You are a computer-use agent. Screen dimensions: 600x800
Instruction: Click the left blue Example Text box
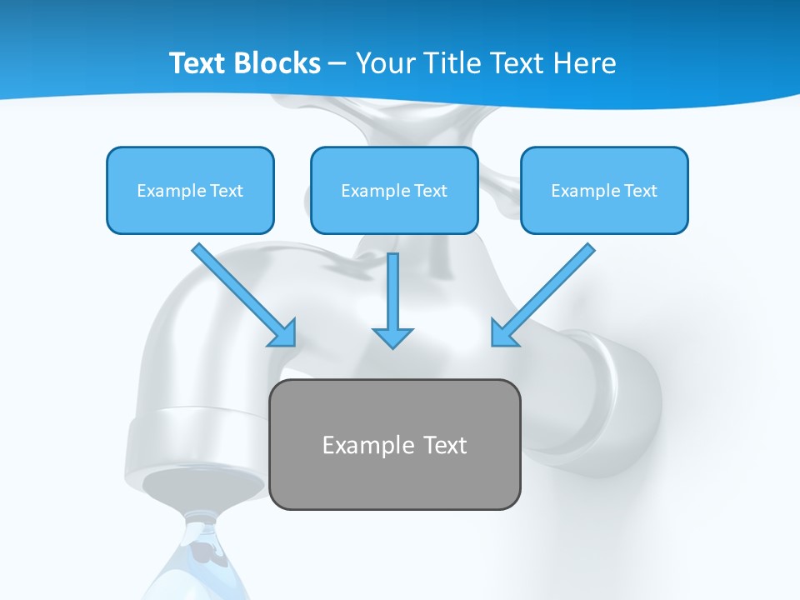190,190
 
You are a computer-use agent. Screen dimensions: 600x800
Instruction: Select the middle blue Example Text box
394,190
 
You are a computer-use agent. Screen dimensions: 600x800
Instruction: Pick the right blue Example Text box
604,190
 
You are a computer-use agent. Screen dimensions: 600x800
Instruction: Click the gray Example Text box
395,444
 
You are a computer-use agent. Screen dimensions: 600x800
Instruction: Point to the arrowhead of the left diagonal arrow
284,333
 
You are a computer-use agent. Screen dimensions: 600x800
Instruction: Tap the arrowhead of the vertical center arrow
392,337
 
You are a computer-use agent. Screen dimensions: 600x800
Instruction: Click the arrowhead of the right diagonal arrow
502,333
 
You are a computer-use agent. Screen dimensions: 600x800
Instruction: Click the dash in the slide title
337,64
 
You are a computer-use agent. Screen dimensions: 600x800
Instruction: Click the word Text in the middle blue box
431,191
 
